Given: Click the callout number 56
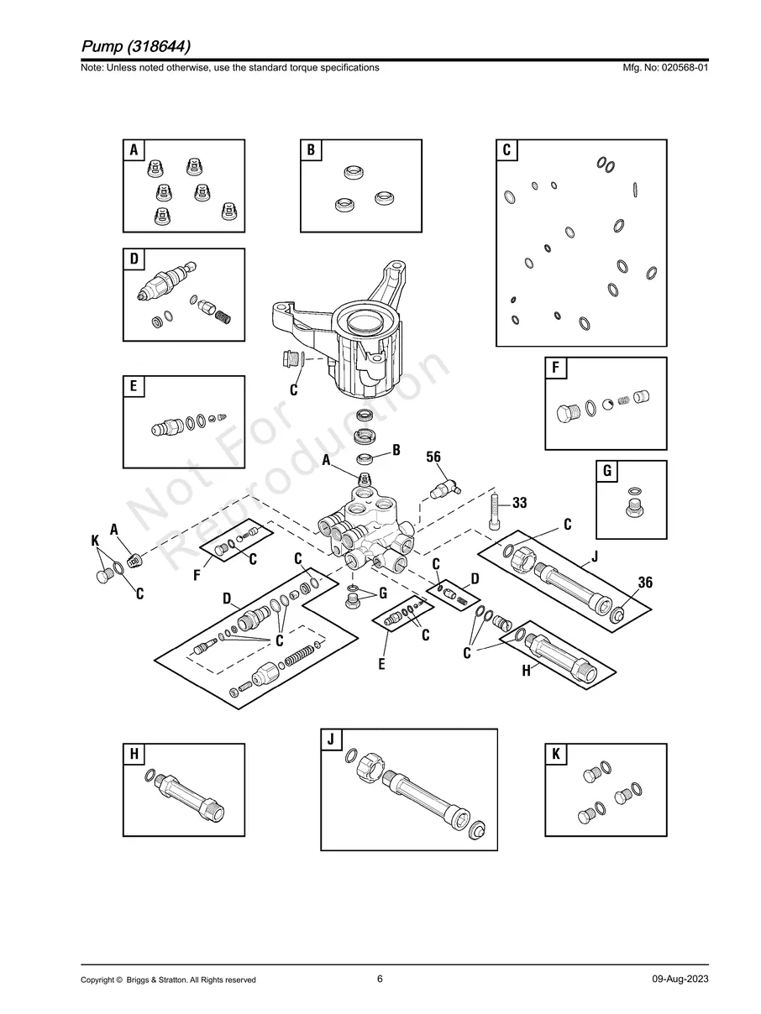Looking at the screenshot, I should pyautogui.click(x=433, y=457).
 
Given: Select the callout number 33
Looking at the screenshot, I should pyautogui.click(x=519, y=503).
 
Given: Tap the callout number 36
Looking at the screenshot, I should pyautogui.click(x=644, y=583).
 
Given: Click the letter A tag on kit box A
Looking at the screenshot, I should pyautogui.click(x=133, y=150).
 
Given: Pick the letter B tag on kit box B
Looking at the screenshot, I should pyautogui.click(x=310, y=150).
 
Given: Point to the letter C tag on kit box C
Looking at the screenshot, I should pyautogui.click(x=506, y=150).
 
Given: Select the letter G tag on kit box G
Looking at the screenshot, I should pyautogui.click(x=606, y=471).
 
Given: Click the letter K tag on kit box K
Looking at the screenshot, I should pyautogui.click(x=555, y=755).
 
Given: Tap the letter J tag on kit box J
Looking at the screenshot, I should pyautogui.click(x=331, y=740).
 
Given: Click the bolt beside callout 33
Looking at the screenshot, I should pyautogui.click(x=496, y=512).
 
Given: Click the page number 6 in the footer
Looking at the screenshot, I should pyautogui.click(x=380, y=979).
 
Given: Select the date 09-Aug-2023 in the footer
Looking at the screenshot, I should pyautogui.click(x=680, y=980).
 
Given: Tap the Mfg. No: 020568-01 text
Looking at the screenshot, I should pyautogui.click(x=663, y=67).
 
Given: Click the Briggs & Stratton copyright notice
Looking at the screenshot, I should pyautogui.click(x=168, y=980).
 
